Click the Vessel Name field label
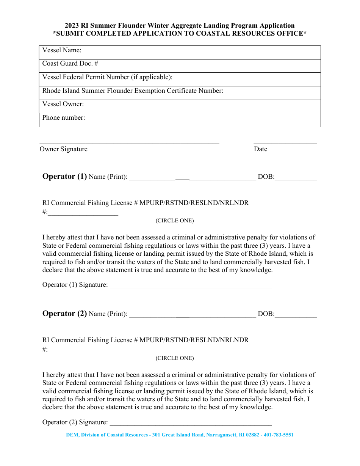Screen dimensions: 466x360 click(x=62, y=50)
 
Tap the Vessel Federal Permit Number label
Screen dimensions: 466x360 click(x=107, y=77)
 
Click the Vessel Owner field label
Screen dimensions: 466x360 click(x=63, y=104)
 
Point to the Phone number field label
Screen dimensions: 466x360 click(x=64, y=118)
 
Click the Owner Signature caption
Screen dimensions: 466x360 click(x=63, y=149)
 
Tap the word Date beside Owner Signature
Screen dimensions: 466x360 click(x=260, y=149)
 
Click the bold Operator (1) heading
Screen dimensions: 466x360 click(x=64, y=177)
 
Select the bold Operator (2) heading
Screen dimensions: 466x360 click(x=64, y=314)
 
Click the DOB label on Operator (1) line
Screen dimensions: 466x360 click(x=266, y=177)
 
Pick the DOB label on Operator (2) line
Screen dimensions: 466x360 click(x=266, y=314)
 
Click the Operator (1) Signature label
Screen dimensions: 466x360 click(x=75, y=285)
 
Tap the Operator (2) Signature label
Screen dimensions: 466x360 click(x=75, y=422)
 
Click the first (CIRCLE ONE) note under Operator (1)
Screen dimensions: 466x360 click(x=175, y=221)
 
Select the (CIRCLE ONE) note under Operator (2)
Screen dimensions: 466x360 click(x=175, y=358)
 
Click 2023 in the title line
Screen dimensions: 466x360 click(x=72, y=26)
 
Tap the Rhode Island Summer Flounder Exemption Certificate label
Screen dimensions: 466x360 click(x=133, y=91)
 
